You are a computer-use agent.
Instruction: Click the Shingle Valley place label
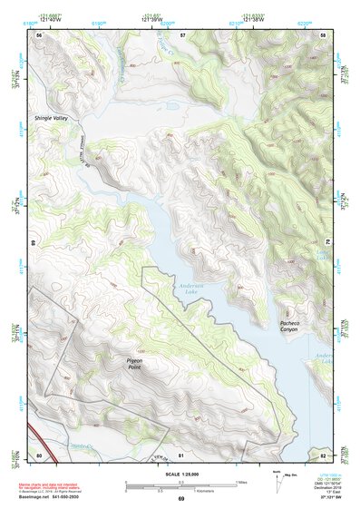[x=51, y=118]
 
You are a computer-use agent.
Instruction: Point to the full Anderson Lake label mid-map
[x=188, y=287]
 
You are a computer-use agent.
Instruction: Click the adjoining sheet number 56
[x=39, y=34]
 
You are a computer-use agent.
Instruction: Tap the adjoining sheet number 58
[x=323, y=34]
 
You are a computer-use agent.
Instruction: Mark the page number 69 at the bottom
[x=180, y=499]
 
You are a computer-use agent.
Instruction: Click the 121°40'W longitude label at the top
[x=51, y=20]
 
